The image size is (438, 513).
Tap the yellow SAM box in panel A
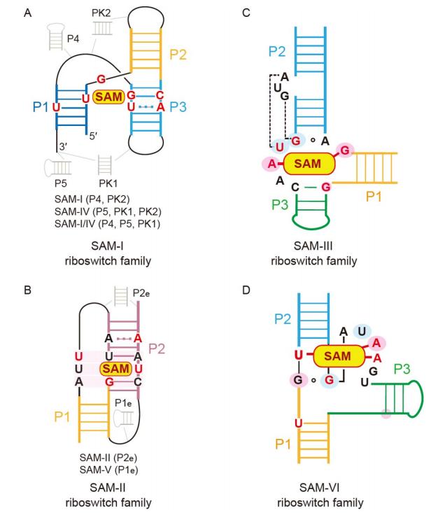[x=108, y=96]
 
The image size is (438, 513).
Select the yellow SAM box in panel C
[x=308, y=163]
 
